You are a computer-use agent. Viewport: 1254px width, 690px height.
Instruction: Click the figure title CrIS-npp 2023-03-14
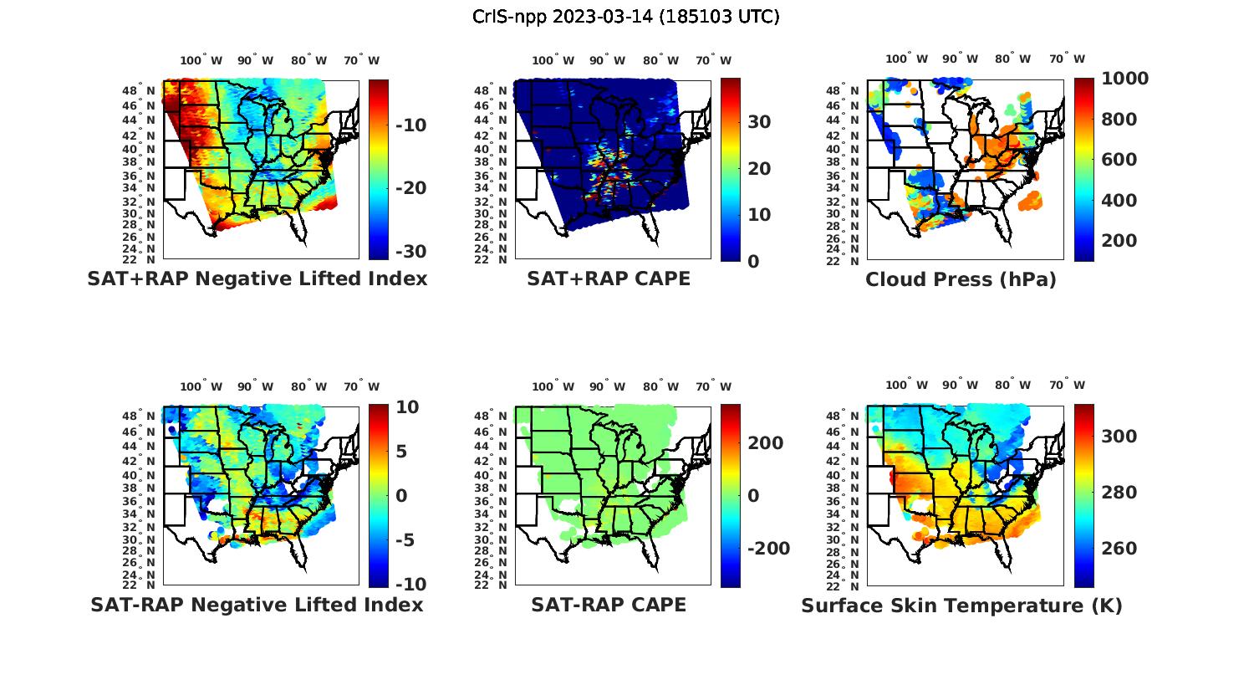coord(625,17)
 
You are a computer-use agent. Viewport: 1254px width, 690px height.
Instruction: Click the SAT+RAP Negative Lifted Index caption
coord(257,279)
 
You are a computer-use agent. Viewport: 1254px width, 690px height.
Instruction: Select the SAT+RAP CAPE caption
coord(609,279)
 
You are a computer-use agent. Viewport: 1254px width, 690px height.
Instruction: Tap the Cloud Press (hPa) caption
coord(961,279)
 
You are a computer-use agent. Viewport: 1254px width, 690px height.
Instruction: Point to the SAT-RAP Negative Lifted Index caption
coord(257,605)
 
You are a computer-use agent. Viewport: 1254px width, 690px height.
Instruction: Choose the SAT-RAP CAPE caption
coord(609,605)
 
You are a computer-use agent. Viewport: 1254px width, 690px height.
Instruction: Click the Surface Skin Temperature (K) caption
coord(961,606)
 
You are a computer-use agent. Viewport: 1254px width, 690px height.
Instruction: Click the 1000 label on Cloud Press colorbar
coord(1124,79)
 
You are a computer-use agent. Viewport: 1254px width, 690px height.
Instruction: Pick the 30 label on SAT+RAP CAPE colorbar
coord(759,122)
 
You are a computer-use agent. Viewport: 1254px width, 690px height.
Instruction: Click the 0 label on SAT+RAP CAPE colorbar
coord(753,261)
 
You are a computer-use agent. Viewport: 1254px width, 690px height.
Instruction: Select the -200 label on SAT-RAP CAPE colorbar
coord(768,548)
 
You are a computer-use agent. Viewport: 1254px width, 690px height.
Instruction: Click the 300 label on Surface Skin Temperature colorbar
coord(1119,436)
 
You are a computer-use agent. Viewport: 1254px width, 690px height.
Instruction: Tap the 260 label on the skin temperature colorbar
coord(1119,548)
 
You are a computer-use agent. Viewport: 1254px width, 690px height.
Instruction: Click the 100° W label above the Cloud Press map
coord(906,59)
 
